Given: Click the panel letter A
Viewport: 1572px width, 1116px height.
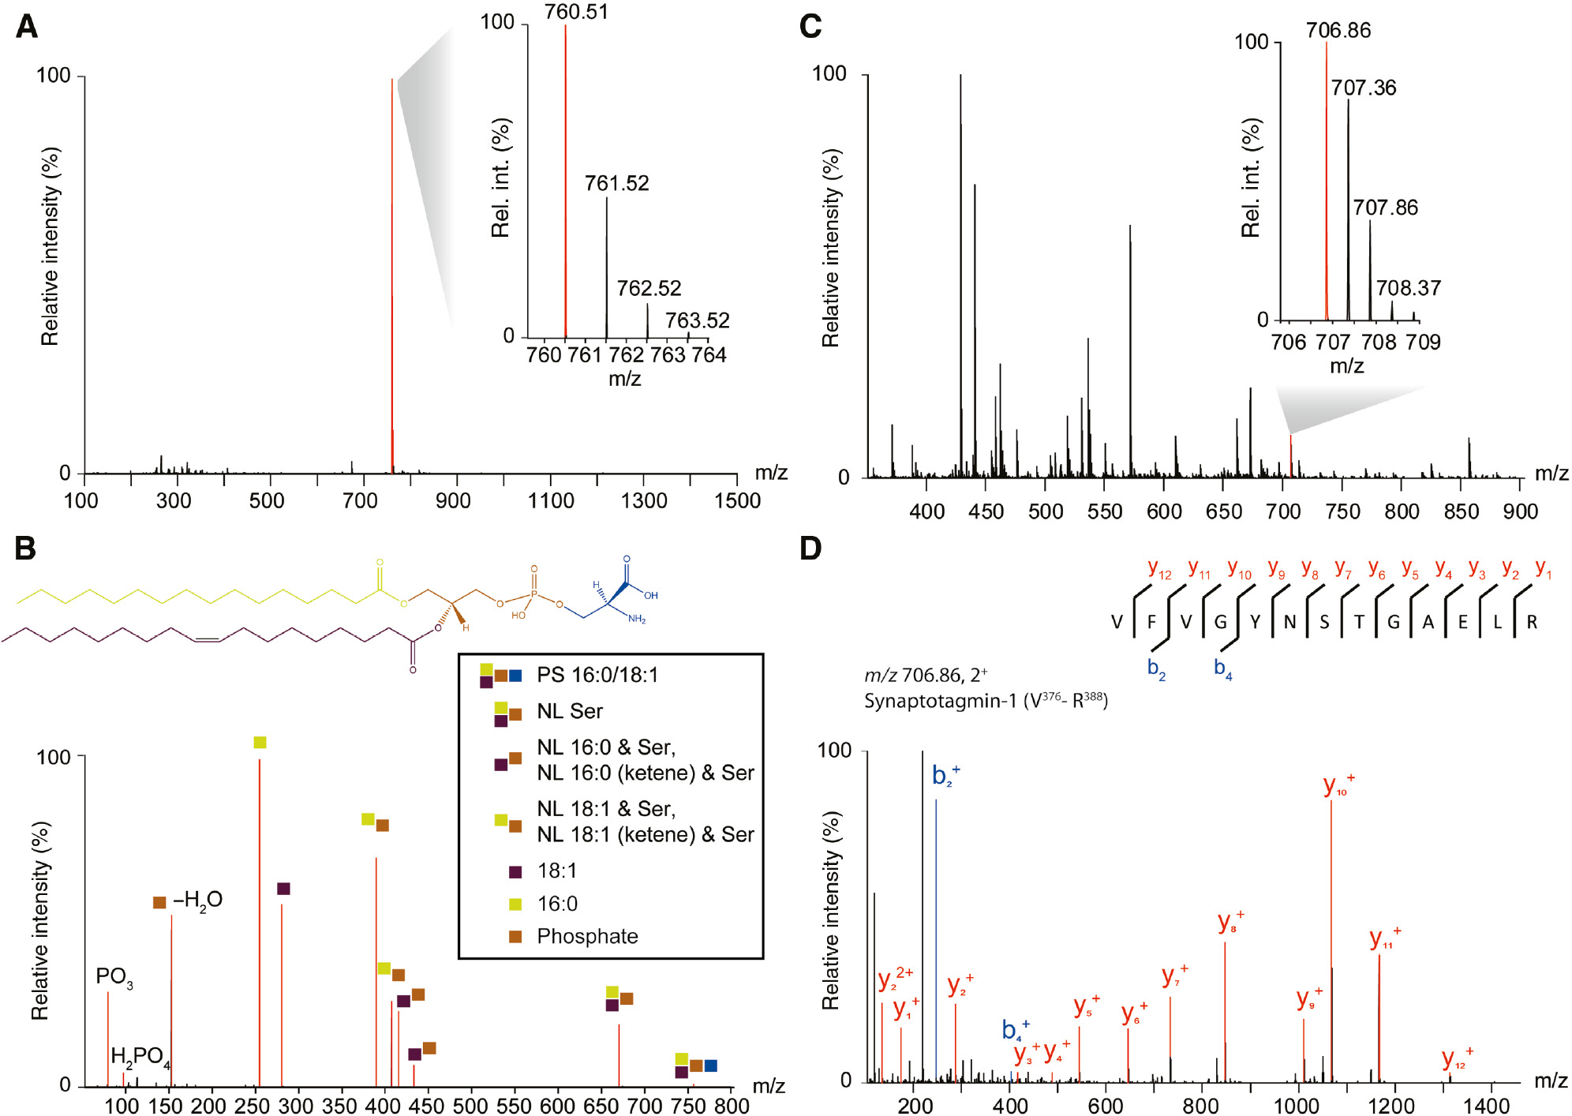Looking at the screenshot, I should click(26, 27).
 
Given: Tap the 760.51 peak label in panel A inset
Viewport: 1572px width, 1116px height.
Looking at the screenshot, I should click(576, 12).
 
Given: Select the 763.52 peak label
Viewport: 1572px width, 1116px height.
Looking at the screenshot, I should click(697, 320).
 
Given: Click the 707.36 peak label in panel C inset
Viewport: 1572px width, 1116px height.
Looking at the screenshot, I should click(1364, 88).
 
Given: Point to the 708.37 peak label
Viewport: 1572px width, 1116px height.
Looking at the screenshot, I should click(1409, 288).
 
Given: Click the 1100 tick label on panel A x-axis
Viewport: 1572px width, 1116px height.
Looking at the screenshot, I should click(550, 500).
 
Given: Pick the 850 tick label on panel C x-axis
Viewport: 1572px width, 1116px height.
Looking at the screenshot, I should click(1461, 511).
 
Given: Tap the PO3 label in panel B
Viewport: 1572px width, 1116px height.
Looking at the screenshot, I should click(114, 977).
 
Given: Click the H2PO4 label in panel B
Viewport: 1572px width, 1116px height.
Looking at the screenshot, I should click(140, 1057).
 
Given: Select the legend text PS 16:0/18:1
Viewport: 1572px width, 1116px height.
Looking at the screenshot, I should click(597, 675).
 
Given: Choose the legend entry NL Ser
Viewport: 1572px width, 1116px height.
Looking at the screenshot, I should click(570, 711).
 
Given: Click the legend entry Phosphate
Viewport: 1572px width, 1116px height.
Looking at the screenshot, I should click(587, 936).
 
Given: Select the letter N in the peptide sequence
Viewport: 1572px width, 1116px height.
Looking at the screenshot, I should click(1289, 622).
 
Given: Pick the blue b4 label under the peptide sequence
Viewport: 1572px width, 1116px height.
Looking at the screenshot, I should click(1222, 668).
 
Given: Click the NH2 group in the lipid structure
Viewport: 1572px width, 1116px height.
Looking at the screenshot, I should click(636, 619).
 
